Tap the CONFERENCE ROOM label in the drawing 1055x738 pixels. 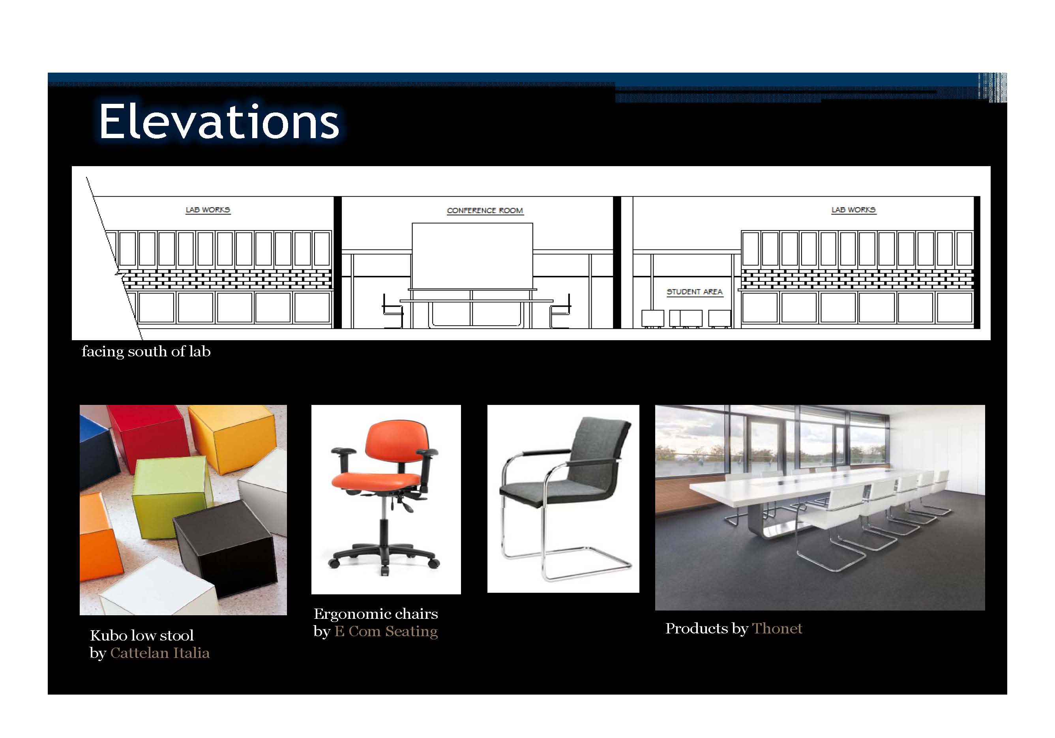485,210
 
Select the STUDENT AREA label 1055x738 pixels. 694,292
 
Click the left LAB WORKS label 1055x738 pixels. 208,210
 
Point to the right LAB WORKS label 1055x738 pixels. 853,210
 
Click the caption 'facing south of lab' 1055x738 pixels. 146,352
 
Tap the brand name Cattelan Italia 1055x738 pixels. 160,653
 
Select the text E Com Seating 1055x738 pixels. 386,631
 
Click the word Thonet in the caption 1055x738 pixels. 777,628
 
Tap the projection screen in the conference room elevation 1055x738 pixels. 472,256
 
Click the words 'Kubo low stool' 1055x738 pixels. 142,635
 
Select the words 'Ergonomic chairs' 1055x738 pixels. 376,614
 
